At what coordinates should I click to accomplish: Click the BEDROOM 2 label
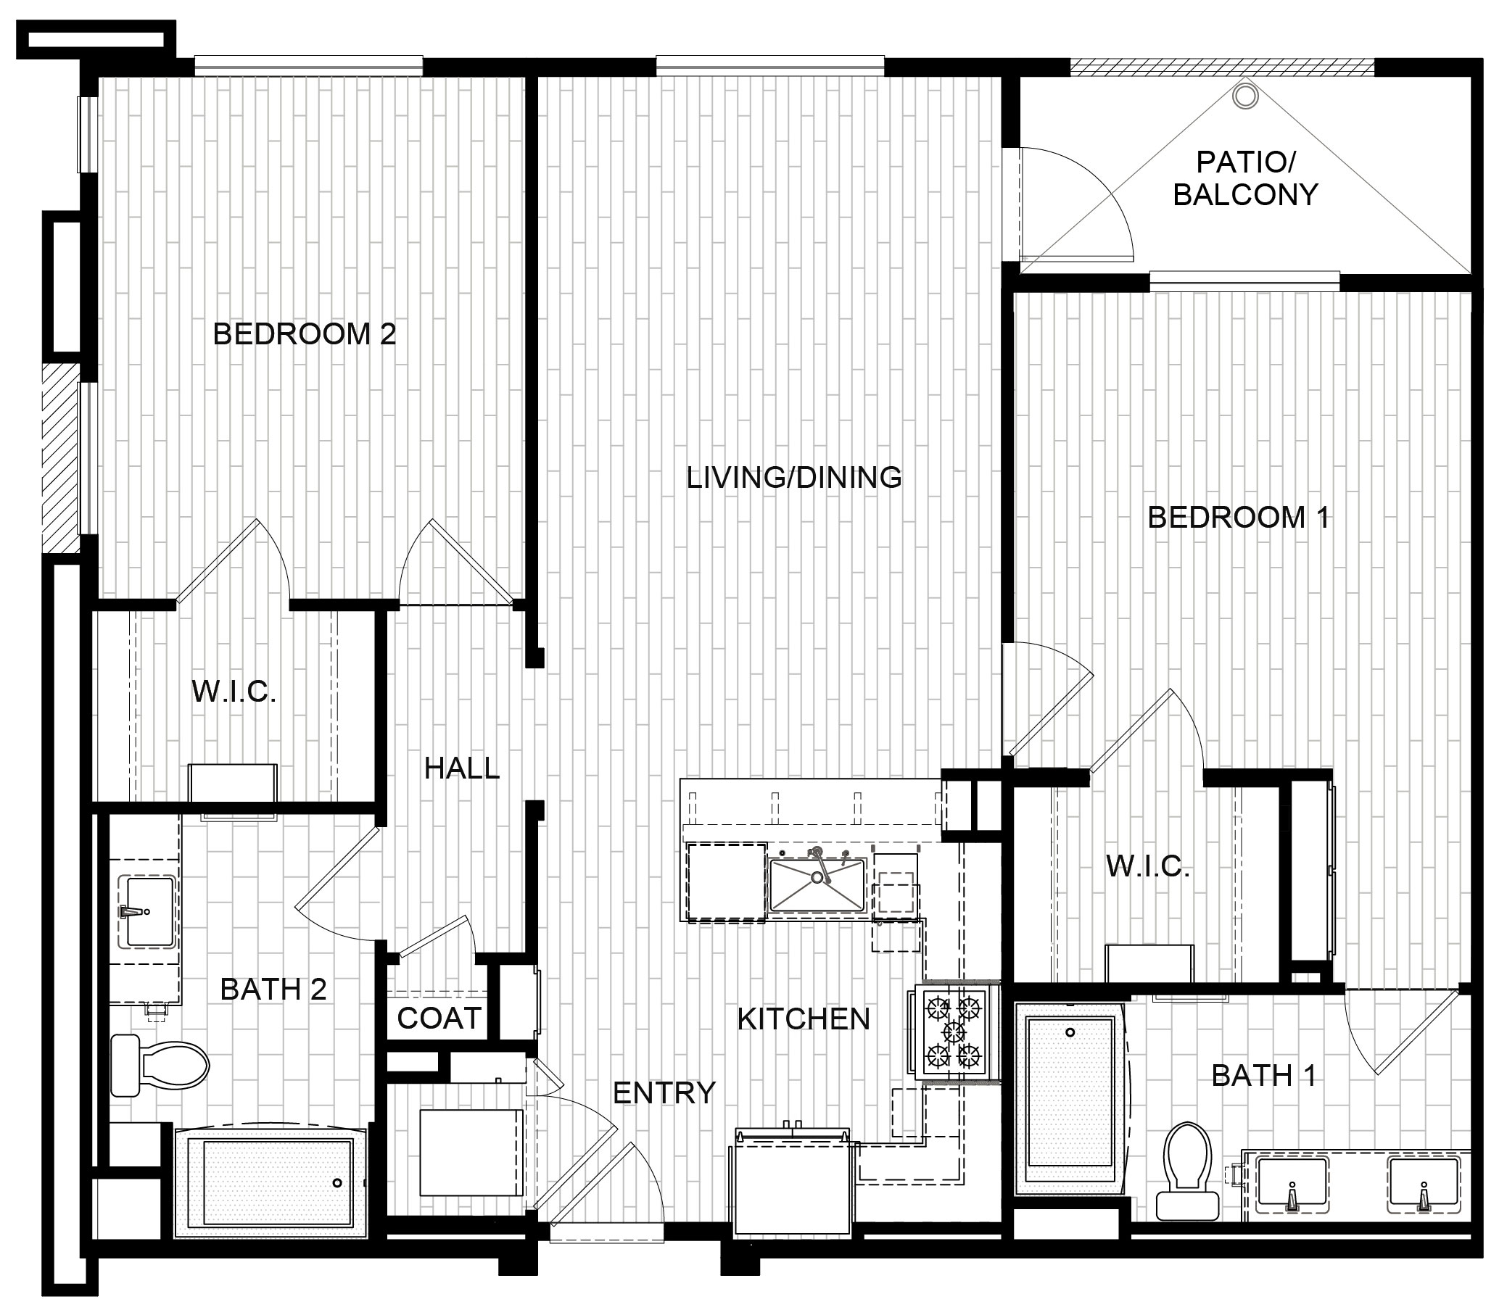[x=304, y=334]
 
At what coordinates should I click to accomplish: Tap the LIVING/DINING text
[x=793, y=478]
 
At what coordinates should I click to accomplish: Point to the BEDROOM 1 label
[x=1238, y=518]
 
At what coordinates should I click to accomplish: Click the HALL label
[x=462, y=768]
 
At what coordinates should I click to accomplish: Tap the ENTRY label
[x=664, y=1092]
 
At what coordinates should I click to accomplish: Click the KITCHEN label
[x=803, y=1019]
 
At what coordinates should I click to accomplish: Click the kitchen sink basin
[x=817, y=884]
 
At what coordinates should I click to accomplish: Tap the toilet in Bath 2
[x=160, y=1065]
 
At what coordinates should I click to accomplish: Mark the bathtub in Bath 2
[x=270, y=1182]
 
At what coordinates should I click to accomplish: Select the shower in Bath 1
[x=1070, y=1098]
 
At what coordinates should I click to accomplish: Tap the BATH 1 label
[x=1263, y=1076]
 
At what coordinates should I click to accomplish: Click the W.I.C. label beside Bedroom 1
[x=1147, y=866]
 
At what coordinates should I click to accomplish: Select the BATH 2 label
[x=273, y=990]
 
